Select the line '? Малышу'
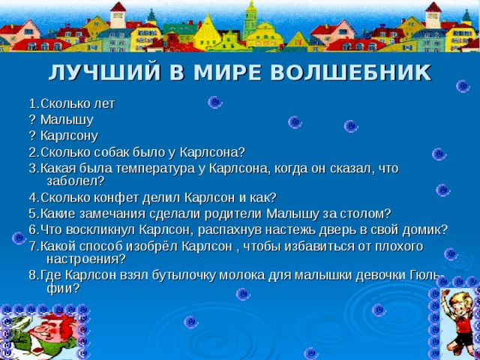61,118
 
